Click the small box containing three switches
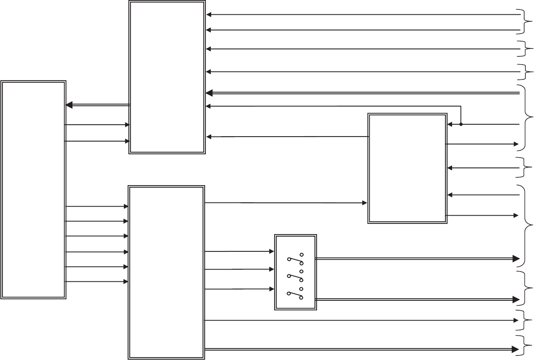tap(295, 272)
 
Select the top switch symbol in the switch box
tap(295, 259)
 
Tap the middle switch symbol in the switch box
tap(295, 275)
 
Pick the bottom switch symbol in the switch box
tap(295, 293)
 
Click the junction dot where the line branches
tap(461, 124)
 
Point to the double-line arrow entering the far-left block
tap(98, 105)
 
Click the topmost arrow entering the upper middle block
tap(362, 15)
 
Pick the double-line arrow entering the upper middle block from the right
tap(362, 93)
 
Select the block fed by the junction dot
tap(407, 169)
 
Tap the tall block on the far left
tap(33, 189)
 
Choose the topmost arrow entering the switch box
tap(239, 251)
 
